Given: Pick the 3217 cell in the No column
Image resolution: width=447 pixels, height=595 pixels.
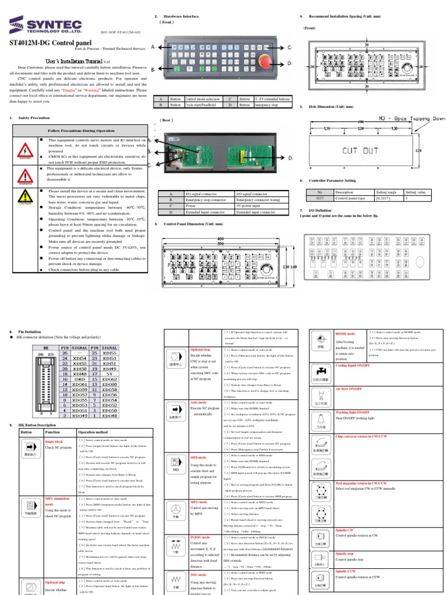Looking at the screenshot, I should click(x=319, y=198).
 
